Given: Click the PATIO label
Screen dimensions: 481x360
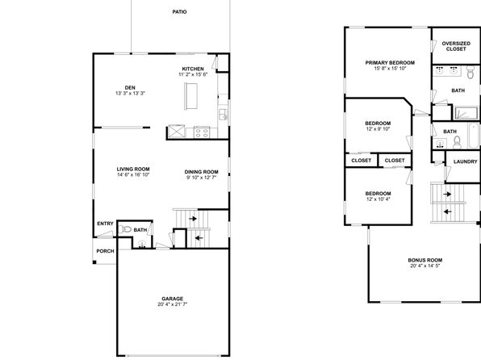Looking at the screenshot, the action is pos(179,11).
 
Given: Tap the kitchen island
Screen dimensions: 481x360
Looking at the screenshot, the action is pos(190,96).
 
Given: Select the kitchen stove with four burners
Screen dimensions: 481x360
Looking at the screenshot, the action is pos(202,132).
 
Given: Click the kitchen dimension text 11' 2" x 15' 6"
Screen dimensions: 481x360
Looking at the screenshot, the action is pos(193,74).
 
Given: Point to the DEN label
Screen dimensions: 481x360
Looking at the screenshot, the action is pos(130,88).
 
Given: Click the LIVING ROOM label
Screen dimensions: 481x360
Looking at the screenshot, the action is pos(133,170).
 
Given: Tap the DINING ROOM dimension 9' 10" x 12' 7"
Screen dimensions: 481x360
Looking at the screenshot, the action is pos(201,178).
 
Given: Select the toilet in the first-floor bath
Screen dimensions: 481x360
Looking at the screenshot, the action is pos(125,229).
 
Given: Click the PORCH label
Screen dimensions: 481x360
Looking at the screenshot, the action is pos(105,251).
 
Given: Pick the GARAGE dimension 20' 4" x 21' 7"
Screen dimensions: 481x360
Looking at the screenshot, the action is pos(173,304).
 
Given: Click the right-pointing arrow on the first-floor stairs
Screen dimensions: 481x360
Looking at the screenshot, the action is pos(193,219).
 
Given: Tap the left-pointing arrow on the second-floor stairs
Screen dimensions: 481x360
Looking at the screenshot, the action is pos(448,211).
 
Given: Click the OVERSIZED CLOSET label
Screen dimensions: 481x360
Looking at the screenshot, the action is pos(456,46).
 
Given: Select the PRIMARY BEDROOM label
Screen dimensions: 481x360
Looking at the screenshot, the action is pos(390,63).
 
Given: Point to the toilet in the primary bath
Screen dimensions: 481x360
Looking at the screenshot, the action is pos(471,72).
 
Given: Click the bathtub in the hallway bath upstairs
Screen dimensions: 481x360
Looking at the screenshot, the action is pos(473,136).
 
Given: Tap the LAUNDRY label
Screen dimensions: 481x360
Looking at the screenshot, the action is pos(466,161).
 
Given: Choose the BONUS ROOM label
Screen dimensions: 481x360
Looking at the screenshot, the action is pos(425,260).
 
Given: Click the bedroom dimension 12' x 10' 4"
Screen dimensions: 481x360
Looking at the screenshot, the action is pos(378,199).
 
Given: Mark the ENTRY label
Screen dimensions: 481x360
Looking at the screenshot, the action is pos(105,224).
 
